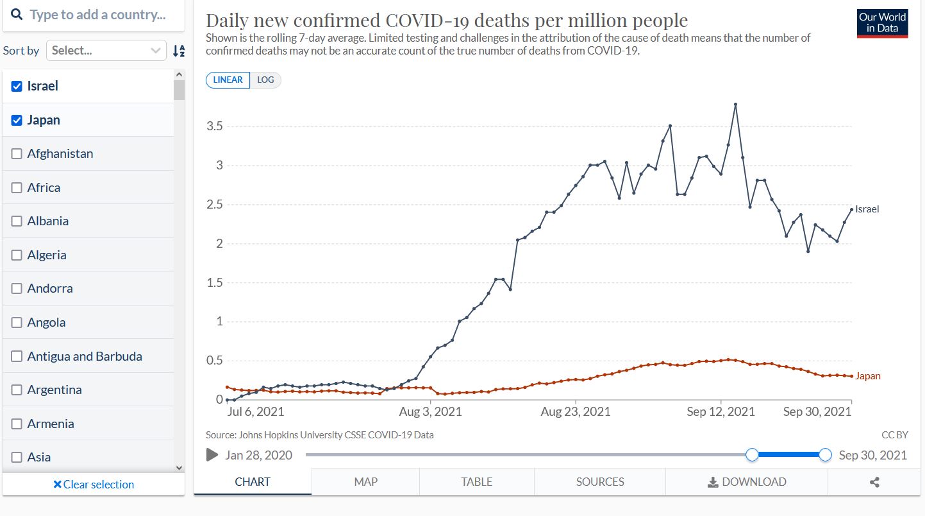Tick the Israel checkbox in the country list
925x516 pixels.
pos(17,86)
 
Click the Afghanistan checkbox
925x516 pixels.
pos(17,154)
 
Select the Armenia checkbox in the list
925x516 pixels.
pos(17,424)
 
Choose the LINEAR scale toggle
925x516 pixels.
pos(228,80)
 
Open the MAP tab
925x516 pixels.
pos(365,481)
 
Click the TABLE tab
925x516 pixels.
pos(476,481)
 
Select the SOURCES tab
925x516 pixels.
pos(599,481)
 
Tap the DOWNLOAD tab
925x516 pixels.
pos(747,481)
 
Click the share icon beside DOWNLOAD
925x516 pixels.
pos(874,482)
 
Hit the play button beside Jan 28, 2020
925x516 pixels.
pos(212,455)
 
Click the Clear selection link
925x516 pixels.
pos(94,485)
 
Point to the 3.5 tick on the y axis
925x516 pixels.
pos(214,126)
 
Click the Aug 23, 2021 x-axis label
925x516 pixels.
pos(576,411)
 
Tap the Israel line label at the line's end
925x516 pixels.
pos(867,209)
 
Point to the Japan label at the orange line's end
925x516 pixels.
pos(867,376)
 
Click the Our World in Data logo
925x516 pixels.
pos(882,23)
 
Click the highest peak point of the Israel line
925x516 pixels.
pos(735,104)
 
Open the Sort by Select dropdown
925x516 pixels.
pos(106,51)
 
